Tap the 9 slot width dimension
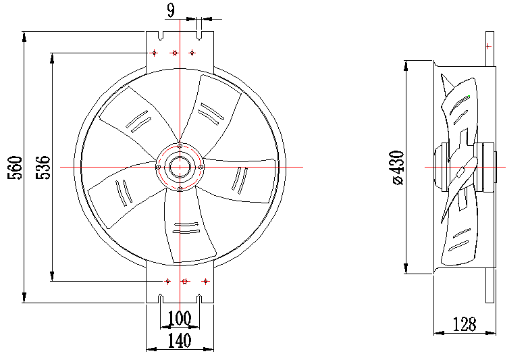(x=170, y=9)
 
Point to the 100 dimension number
(x=180, y=317)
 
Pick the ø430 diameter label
(x=397, y=168)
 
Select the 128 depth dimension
(x=465, y=324)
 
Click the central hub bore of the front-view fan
(x=180, y=167)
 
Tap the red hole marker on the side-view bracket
(x=487, y=46)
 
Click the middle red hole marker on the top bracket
(x=174, y=52)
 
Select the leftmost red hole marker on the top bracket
(x=154, y=52)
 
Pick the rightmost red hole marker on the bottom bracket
(x=206, y=281)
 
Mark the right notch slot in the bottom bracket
(x=200, y=298)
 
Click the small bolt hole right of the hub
(x=202, y=167)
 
